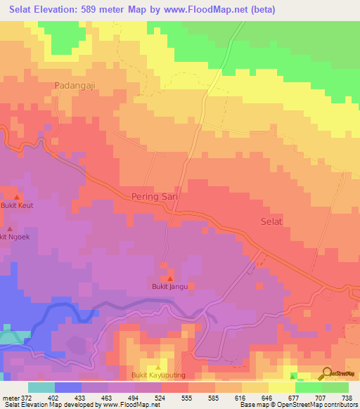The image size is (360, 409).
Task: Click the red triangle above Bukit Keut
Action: pyautogui.click(x=17, y=197)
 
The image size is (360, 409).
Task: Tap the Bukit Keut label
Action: pyautogui.click(x=16, y=206)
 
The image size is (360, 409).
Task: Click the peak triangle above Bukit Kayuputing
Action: pyautogui.click(x=158, y=367)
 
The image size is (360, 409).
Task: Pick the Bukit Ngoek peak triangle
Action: pyautogui.click(x=10, y=229)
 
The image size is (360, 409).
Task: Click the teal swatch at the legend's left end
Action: pyautogui.click(x=41, y=387)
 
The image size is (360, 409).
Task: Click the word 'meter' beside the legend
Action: pyautogui.click(x=9, y=398)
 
